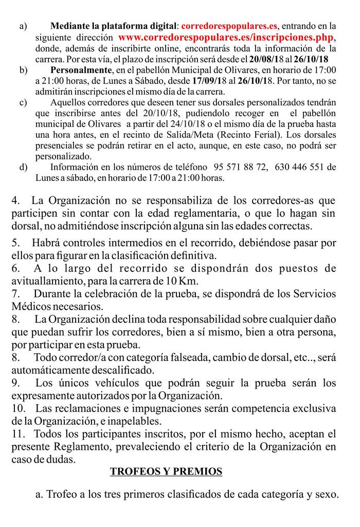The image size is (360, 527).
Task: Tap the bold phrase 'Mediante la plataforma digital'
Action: [x=113, y=25]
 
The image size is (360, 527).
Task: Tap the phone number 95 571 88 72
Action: [x=240, y=167]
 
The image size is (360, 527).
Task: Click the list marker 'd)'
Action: [x=23, y=167]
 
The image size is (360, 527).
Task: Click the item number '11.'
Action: [x=18, y=434]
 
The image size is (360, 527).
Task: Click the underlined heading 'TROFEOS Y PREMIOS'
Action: [x=166, y=471]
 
